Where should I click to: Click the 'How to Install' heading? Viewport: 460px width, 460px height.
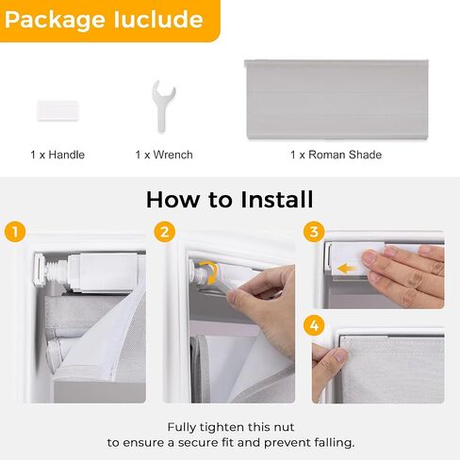pyautogui.click(x=229, y=200)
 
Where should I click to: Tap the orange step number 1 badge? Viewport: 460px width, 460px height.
pyautogui.click(x=13, y=232)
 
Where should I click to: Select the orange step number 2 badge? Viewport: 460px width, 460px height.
pyautogui.click(x=166, y=232)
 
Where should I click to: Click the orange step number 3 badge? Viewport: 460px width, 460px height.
pyautogui.click(x=313, y=232)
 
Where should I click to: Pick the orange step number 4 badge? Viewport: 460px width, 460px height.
pyautogui.click(x=313, y=325)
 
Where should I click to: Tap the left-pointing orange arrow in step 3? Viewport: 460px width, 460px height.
pyautogui.click(x=348, y=267)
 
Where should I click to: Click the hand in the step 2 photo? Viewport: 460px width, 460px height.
pyautogui.click(x=264, y=302)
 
